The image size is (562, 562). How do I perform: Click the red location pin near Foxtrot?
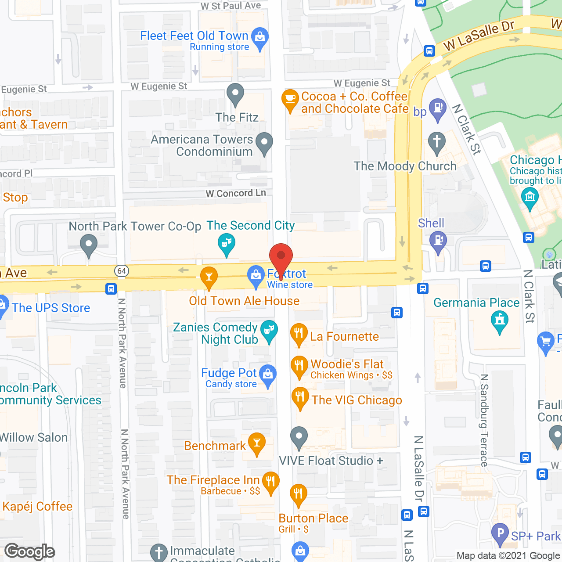pos(281,256)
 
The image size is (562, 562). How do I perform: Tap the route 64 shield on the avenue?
pos(122,271)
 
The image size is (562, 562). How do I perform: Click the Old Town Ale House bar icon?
pos(209,277)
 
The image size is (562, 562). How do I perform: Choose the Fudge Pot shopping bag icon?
pos(267,374)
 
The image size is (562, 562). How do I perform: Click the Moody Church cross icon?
pos(437,142)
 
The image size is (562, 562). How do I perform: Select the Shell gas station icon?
pos(438,241)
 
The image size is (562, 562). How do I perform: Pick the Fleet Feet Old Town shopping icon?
pos(260,37)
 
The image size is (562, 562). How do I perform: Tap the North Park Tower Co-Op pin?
pos(89,244)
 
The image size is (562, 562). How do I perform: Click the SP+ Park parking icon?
pos(500,533)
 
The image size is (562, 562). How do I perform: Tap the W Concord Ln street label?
pos(236,193)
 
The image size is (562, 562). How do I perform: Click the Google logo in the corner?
pos(30,551)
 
